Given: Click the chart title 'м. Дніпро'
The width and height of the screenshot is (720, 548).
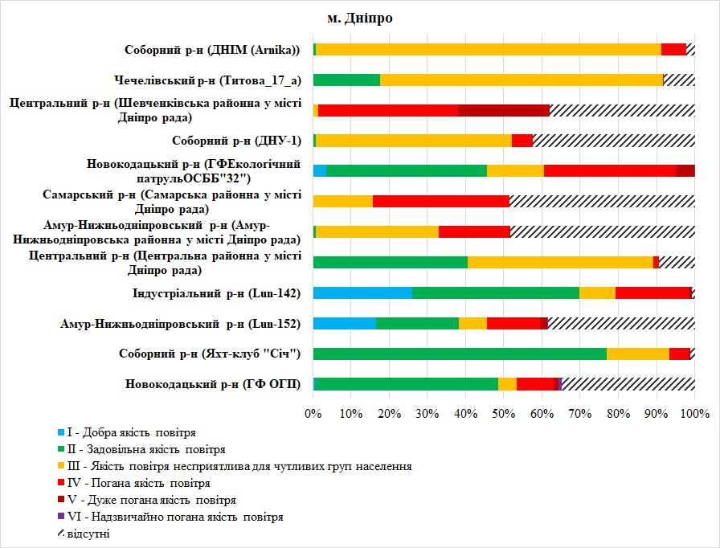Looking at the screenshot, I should pyautogui.click(x=359, y=17).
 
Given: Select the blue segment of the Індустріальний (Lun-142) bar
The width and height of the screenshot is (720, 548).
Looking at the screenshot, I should pyautogui.click(x=362, y=292).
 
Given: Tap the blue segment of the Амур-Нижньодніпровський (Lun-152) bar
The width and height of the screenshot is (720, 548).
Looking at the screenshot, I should pyautogui.click(x=345, y=323).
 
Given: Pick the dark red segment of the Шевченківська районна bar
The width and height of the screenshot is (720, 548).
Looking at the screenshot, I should pyautogui.click(x=504, y=110).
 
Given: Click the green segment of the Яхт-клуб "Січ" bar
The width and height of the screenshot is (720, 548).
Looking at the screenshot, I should pyautogui.click(x=460, y=354).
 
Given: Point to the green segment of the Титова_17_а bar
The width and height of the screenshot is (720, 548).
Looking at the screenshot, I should pyautogui.click(x=346, y=80).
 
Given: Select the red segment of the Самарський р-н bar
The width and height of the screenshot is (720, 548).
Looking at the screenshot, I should pyautogui.click(x=441, y=201).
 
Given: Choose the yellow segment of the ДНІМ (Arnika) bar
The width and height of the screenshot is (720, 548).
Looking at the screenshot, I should pyautogui.click(x=489, y=49).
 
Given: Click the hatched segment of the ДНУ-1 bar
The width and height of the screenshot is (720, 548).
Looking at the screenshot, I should pyautogui.click(x=614, y=141).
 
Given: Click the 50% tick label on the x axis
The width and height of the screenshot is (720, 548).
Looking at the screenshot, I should pyautogui.click(x=504, y=414).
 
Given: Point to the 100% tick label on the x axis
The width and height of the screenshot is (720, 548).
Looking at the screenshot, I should pyautogui.click(x=694, y=414).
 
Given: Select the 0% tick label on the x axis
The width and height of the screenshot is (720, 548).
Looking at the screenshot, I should pyautogui.click(x=313, y=414).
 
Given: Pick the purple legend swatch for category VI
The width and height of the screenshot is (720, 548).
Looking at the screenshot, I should pyautogui.click(x=59, y=517).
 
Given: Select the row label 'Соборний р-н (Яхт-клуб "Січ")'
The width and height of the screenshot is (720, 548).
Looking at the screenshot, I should pyautogui.click(x=209, y=354).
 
